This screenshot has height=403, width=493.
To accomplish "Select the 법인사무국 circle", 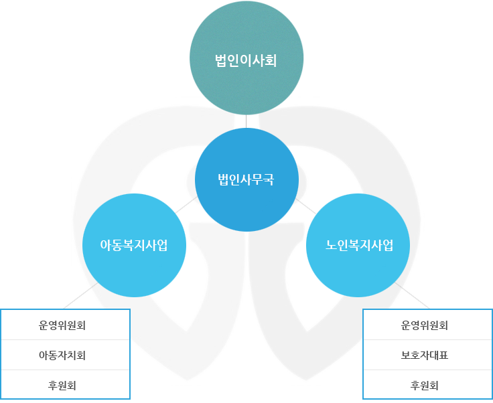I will (246, 179).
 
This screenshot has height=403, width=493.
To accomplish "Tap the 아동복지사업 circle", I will (133, 244).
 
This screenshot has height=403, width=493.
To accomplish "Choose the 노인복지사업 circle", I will (358, 244).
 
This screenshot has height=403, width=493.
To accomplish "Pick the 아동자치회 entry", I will (65, 355).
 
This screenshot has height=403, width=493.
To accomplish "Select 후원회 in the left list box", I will (65, 385).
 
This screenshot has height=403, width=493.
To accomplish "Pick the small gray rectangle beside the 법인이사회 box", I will (309, 84).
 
